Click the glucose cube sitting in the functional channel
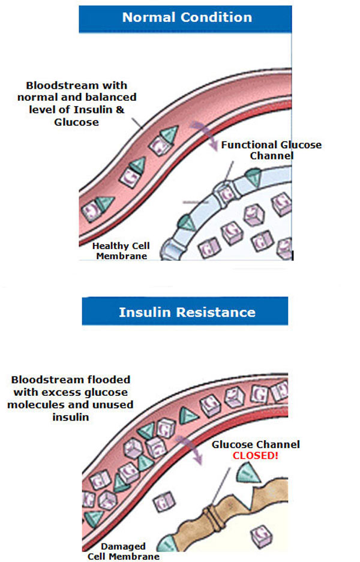226,194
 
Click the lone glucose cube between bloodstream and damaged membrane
163,500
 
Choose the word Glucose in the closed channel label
231,445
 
